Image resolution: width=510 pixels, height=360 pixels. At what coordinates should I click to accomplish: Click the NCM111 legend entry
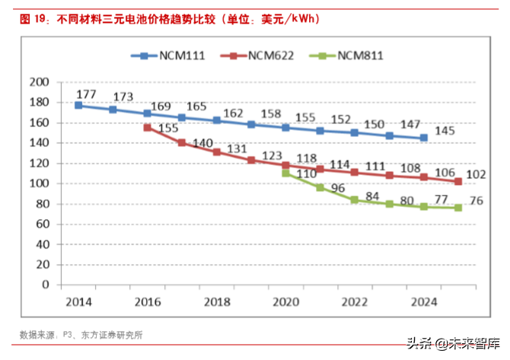coord(168,56)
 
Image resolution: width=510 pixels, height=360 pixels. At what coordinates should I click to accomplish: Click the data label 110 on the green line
coord(305,174)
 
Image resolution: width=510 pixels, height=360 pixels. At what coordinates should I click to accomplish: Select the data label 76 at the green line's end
coord(476,202)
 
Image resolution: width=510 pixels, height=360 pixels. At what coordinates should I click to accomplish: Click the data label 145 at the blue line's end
coord(445,131)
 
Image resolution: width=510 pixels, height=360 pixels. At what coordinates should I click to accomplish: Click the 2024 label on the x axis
coord(424,301)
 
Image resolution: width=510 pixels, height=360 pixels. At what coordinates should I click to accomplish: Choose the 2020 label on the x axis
coord(285,301)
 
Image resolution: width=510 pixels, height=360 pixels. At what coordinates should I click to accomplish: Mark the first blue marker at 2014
coord(78,105)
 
